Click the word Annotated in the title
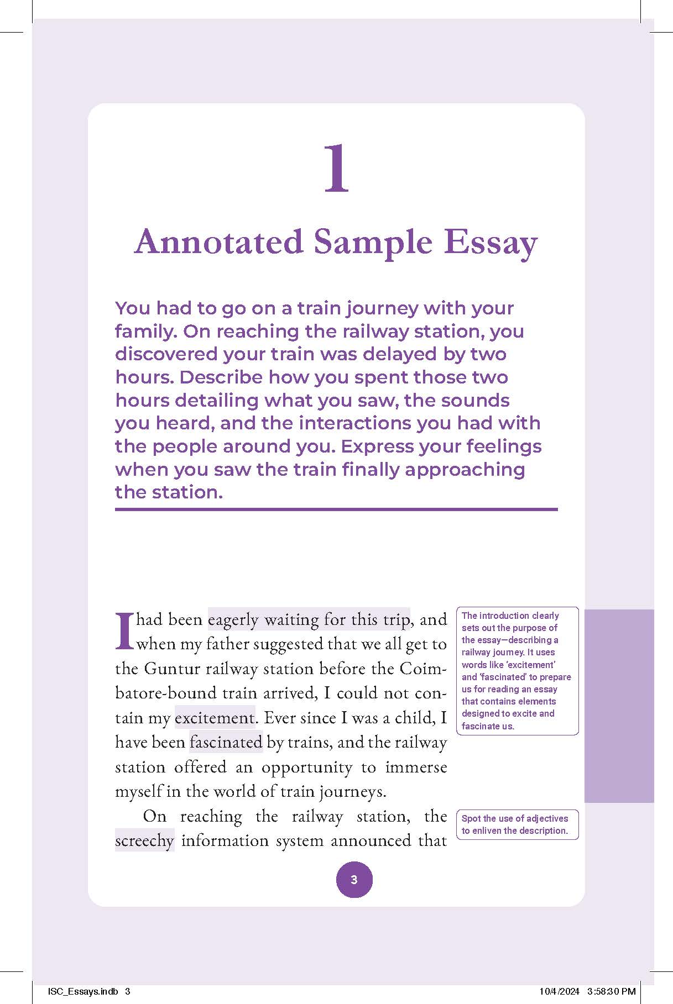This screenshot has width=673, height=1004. click(x=219, y=242)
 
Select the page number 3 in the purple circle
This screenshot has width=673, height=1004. click(x=354, y=879)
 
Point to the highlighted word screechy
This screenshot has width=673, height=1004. click(x=144, y=840)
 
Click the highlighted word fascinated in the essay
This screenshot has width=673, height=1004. click(x=226, y=742)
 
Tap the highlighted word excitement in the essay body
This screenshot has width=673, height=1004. click(x=215, y=718)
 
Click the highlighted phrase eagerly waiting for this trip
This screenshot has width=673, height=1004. click(x=309, y=619)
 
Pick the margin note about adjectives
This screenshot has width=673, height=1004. click(x=517, y=824)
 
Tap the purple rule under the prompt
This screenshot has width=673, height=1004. click(x=336, y=509)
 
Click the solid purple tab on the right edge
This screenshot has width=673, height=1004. click(x=619, y=706)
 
